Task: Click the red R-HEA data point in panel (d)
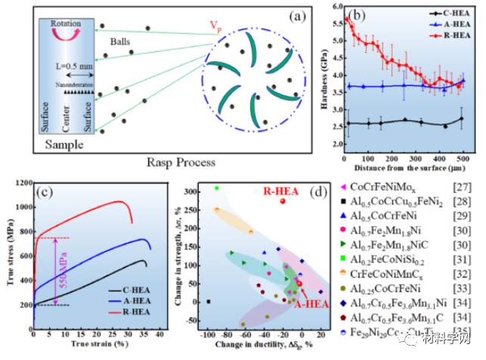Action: (282, 200)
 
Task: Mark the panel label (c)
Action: (48, 190)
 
